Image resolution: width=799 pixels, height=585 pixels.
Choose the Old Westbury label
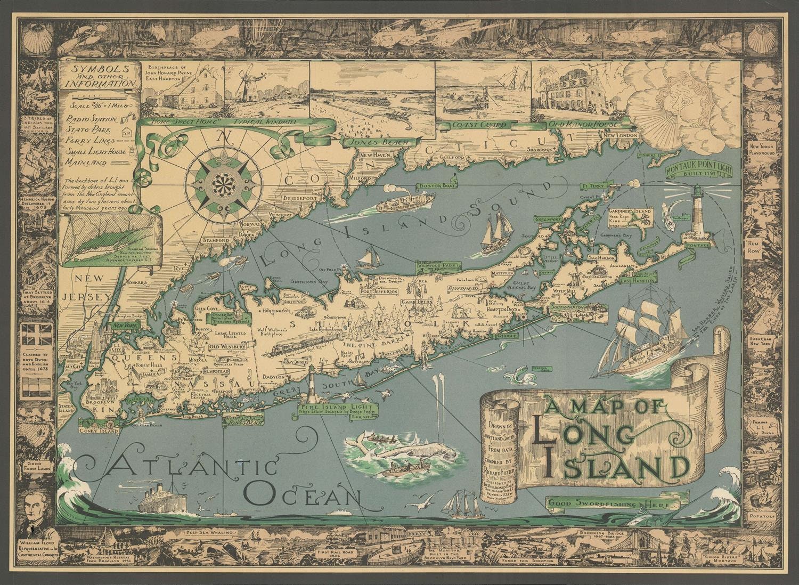(227, 347)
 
